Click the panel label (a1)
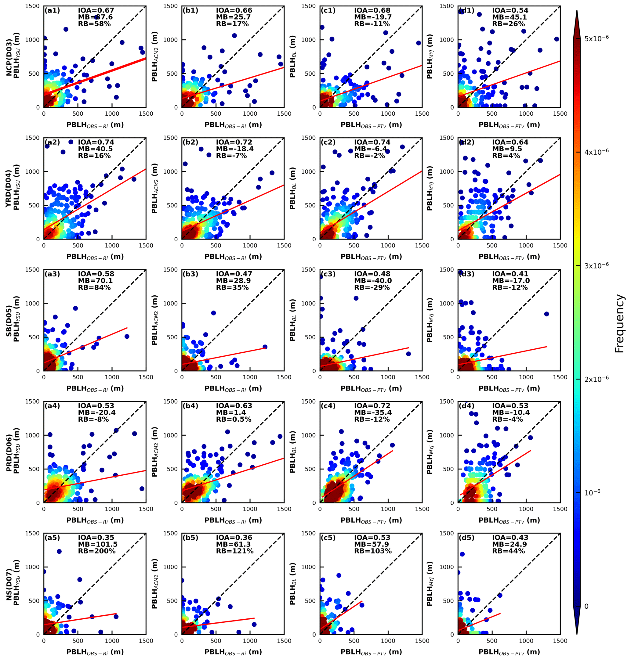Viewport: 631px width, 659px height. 52,10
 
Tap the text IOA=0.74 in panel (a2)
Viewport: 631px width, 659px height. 96,142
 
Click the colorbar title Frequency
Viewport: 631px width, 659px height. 619,324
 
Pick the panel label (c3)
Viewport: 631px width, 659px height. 328,274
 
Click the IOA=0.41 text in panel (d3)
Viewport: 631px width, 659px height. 510,274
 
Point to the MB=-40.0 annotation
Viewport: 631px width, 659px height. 373,281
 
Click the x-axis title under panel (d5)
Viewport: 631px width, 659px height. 509,652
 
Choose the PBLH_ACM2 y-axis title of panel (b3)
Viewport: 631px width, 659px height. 154,320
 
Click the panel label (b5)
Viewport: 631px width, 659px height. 190,538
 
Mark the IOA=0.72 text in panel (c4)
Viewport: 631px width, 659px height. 372,406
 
